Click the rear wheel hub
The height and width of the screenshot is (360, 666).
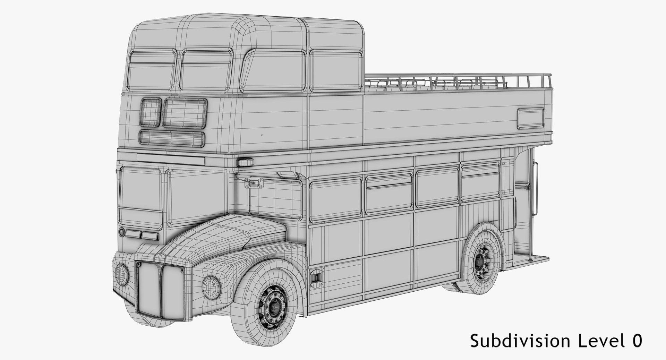(481, 259)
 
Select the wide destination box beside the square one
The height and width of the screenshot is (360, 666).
(185, 112)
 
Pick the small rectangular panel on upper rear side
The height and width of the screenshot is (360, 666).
(531, 118)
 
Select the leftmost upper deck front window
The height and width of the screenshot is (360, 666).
(152, 71)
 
